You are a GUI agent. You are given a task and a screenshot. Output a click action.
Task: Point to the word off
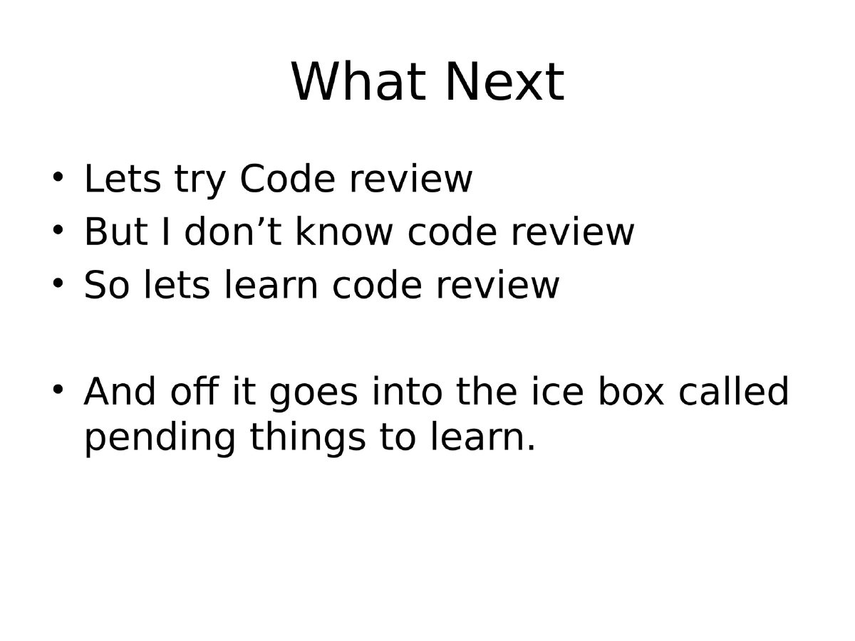[188, 392]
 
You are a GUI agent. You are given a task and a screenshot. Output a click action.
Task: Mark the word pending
[159, 439]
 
